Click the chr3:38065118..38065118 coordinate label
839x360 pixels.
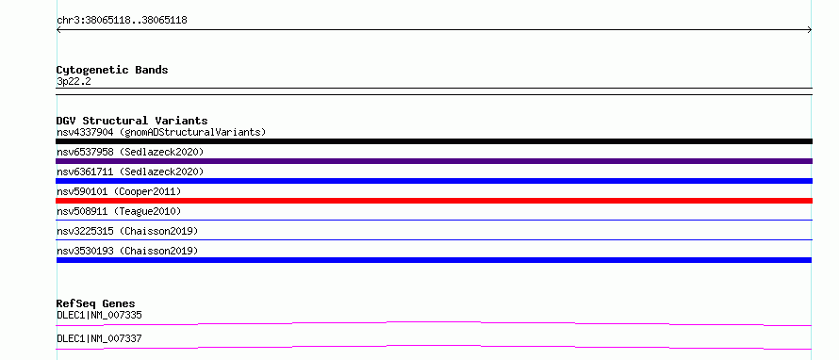tap(122, 21)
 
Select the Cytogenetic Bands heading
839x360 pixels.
tap(112, 70)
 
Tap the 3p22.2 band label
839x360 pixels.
tap(74, 81)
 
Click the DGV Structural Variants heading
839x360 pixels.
tap(132, 121)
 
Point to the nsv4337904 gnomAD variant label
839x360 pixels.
tap(161, 132)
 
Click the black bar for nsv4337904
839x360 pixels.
tap(434, 141)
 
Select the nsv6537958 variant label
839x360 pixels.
tap(130, 152)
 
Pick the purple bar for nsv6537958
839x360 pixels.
tap(434, 161)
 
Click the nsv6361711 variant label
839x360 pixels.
tap(130, 172)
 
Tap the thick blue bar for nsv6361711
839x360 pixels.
tap(434, 181)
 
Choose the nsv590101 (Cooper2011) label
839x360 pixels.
tap(119, 191)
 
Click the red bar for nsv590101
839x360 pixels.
tap(434, 201)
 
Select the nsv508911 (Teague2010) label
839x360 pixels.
tap(119, 211)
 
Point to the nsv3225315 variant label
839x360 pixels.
tap(127, 231)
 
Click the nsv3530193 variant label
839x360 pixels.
tap(127, 251)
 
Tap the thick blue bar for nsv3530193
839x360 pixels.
tap(434, 260)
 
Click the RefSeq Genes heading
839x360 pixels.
tap(96, 303)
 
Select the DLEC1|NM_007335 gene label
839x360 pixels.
tap(99, 315)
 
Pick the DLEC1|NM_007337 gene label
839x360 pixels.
tap(99, 338)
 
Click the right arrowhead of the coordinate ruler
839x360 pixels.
tap(811, 30)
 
